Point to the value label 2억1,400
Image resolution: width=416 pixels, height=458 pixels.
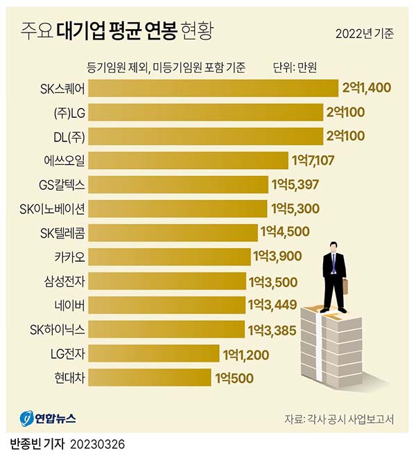(367, 88)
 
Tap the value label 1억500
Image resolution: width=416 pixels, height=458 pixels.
(234, 378)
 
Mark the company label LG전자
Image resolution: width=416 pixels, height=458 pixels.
(66, 354)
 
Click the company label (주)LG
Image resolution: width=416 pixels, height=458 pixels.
(68, 112)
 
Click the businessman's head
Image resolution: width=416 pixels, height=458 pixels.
(333, 246)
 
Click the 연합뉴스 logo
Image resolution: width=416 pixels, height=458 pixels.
(49, 419)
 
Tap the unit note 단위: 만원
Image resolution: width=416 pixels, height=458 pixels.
(295, 67)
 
